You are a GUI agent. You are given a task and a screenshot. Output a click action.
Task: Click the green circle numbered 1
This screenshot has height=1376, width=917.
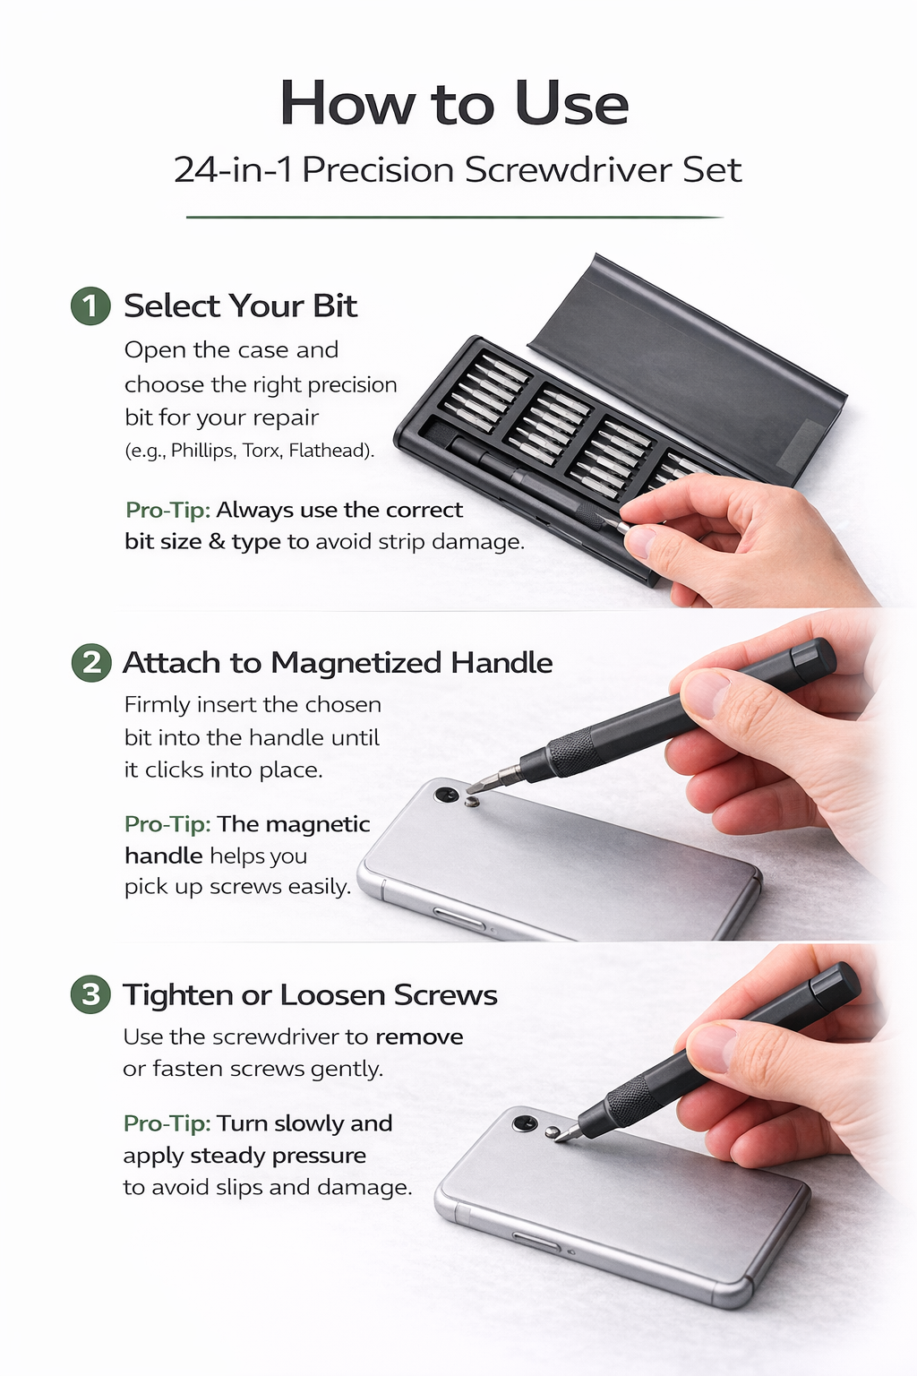90,305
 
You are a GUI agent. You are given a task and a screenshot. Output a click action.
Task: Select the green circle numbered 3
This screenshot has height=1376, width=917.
91,993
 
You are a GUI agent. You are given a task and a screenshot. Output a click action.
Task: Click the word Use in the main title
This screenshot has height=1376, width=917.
572,103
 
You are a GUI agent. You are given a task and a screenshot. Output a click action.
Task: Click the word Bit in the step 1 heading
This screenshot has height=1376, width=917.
335,305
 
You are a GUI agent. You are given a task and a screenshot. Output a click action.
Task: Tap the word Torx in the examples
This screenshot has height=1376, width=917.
260,451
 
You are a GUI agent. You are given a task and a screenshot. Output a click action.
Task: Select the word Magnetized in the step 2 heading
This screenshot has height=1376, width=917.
356,664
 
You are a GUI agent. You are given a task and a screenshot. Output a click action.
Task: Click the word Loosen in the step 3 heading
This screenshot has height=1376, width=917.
332,994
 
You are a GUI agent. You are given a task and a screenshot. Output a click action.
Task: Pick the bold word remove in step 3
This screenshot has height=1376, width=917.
419,1037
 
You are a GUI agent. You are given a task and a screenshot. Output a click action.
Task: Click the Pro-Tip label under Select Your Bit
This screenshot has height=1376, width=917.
167,510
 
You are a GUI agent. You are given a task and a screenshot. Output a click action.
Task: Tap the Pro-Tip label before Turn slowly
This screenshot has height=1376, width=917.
167,1122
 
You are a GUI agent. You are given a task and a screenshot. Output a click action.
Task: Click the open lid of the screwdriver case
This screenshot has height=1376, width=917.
688,368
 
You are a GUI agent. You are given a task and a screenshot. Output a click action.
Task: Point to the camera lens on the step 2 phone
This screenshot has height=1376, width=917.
445,795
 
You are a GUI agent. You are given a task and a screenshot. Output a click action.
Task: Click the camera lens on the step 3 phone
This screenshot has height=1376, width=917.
525,1124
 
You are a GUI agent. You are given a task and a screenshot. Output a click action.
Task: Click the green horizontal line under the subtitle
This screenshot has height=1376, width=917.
455,217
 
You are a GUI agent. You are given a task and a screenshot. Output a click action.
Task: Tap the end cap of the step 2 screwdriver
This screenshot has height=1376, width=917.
812,658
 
